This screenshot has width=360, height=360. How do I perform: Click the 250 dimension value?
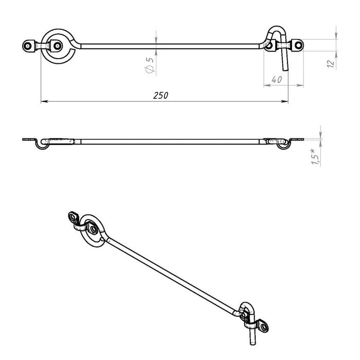coord(160,96)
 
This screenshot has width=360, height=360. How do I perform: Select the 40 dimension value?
coord(277,80)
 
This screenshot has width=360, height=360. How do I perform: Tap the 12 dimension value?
coord(331,63)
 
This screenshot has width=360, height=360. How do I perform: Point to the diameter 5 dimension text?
coord(149,65)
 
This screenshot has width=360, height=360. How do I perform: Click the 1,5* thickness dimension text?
coord(315,156)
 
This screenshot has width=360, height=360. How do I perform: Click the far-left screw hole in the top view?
coord(28,46)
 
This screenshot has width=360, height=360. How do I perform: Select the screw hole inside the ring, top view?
coord(58,46)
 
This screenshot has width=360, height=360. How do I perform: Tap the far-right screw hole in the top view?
coord(298,45)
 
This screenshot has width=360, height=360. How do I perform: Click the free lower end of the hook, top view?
coord(285,69)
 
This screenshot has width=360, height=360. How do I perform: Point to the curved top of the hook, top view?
coord(277,28)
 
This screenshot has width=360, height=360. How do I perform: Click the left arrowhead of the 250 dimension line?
coord(44,101)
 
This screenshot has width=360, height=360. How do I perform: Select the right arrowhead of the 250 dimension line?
coord(285,101)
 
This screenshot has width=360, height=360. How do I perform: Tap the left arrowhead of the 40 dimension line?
coord(267,85)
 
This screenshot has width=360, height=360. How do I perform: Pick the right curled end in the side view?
coord(283,145)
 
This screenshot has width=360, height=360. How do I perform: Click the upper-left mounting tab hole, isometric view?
coord(73,217)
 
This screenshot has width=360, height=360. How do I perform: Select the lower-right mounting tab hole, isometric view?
coord(264,327)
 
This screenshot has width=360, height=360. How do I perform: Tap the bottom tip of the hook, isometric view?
coord(253,344)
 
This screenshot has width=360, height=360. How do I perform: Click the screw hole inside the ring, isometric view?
coord(93,229)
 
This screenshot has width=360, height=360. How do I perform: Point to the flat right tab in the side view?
coord(297,139)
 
